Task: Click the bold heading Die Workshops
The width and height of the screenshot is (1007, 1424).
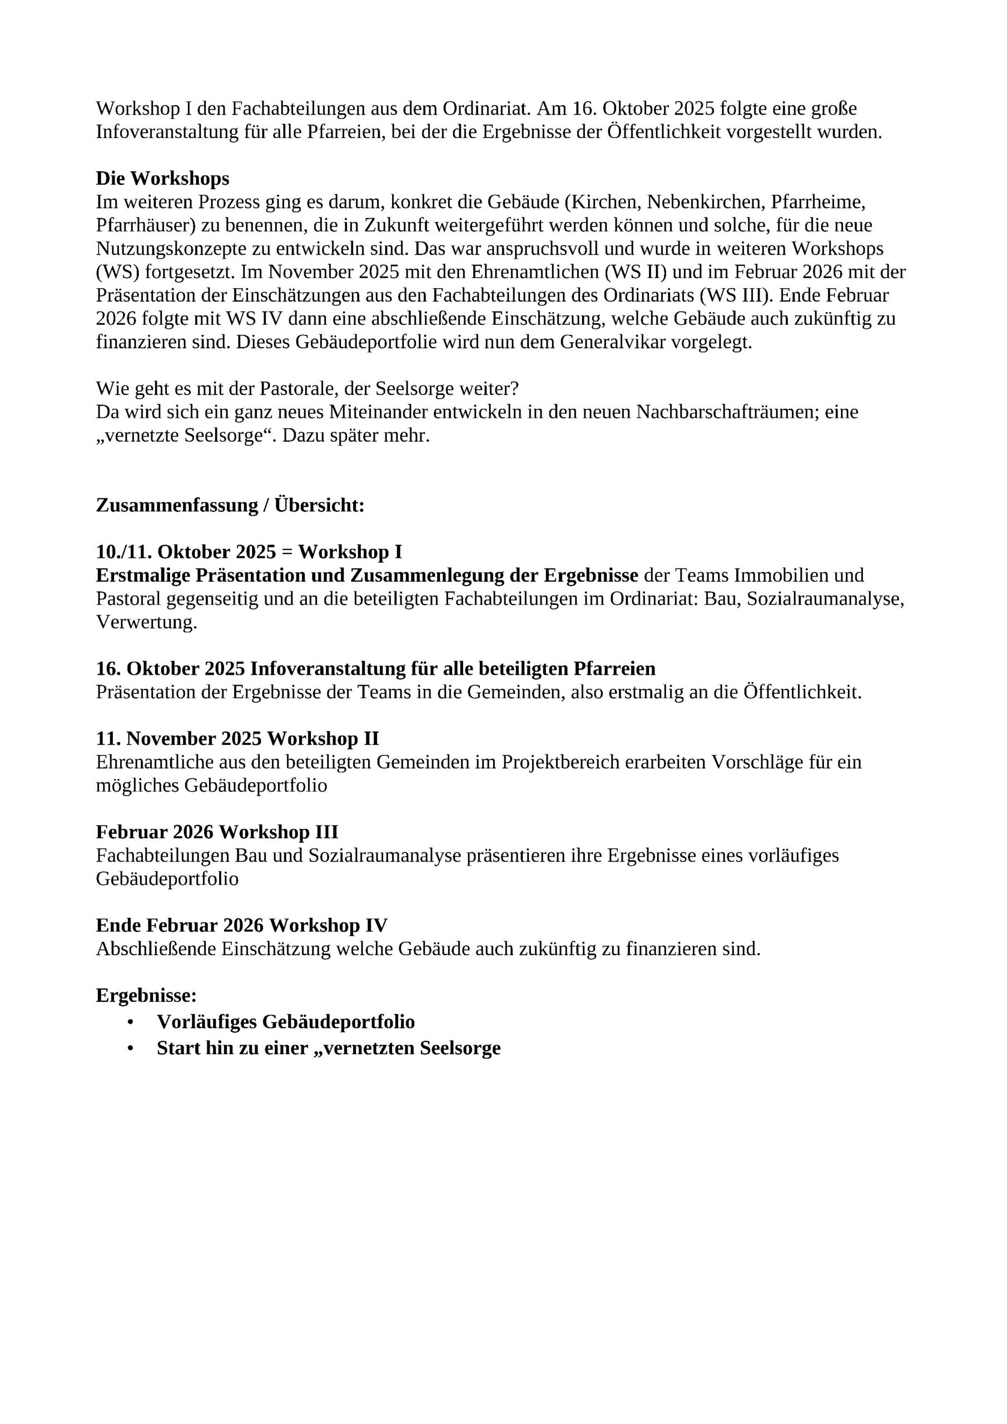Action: [162, 179]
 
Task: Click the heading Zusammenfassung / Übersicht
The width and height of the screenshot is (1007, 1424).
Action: [230, 506]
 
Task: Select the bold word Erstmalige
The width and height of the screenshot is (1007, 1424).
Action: [142, 576]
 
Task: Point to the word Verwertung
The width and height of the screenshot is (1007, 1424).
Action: [146, 622]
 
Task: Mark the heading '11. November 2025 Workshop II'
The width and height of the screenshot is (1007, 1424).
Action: [237, 739]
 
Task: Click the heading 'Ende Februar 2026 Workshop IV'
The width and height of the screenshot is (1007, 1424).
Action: [242, 926]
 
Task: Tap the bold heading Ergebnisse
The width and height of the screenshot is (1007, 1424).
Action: [146, 996]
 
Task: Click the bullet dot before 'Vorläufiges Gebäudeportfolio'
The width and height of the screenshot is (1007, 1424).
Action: [130, 1022]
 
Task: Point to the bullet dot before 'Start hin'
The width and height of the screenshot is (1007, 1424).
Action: [130, 1049]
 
